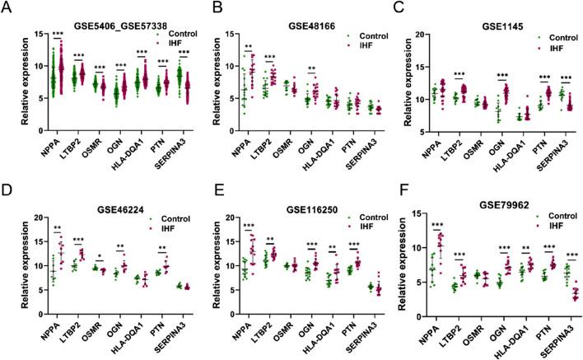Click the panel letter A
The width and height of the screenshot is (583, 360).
[7, 7]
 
